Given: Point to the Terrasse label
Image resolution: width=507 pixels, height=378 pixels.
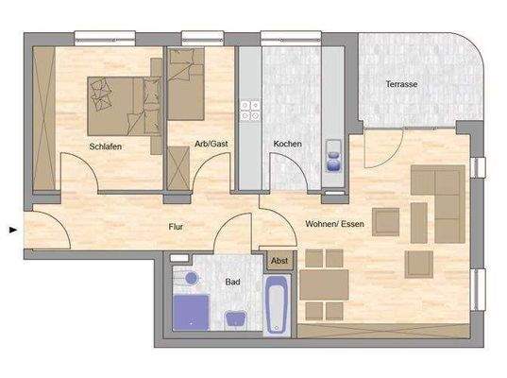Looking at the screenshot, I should tap(401, 85).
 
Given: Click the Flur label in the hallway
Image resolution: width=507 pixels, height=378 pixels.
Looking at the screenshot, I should tap(176, 226).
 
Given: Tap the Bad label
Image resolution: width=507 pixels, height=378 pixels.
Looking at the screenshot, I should tap(232, 281).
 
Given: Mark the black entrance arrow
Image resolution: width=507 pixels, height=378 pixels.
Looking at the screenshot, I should tap(11, 229).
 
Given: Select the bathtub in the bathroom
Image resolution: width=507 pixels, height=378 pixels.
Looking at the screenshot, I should tap(278, 304).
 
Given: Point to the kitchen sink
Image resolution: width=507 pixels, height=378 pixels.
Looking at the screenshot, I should tap(333, 154).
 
